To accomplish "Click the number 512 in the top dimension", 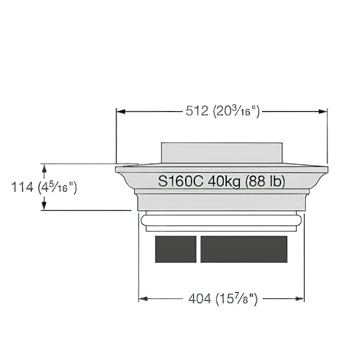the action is [197, 111].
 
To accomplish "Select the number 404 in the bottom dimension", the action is [200, 299].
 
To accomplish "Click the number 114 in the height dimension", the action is [22, 187].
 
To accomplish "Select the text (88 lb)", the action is [265, 181].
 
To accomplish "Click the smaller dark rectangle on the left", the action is [176, 249].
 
